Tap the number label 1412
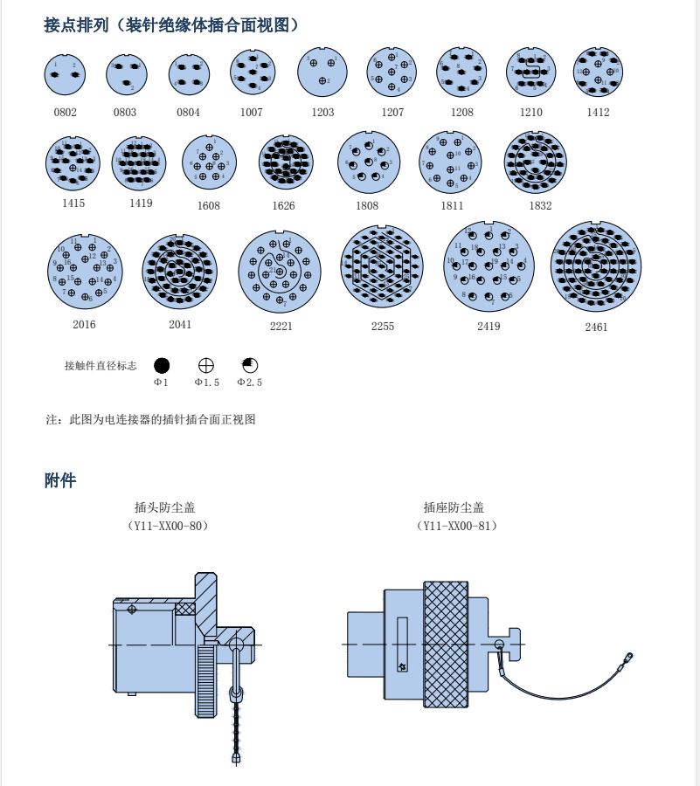(599, 113)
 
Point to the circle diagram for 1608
(209, 162)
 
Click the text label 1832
(540, 206)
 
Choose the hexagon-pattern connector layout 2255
(382, 266)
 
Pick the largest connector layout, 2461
(596, 266)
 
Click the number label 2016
(85, 325)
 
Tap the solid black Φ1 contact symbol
(162, 366)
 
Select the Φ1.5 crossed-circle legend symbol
(206, 366)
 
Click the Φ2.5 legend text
(250, 383)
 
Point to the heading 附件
(60, 480)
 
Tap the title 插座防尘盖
(454, 507)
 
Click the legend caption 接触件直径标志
(100, 366)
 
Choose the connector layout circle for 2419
(489, 265)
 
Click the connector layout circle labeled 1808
(368, 162)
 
